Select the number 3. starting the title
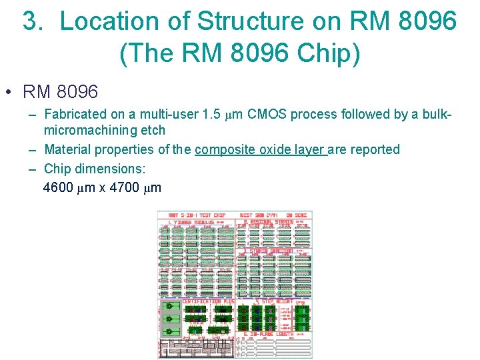coord(35,21)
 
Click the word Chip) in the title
coord(328,53)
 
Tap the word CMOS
coord(266,114)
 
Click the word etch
coord(152,130)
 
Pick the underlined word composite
coord(224,149)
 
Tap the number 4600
coord(58,187)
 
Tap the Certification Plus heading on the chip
coord(200,301)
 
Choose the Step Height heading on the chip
coord(272,301)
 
